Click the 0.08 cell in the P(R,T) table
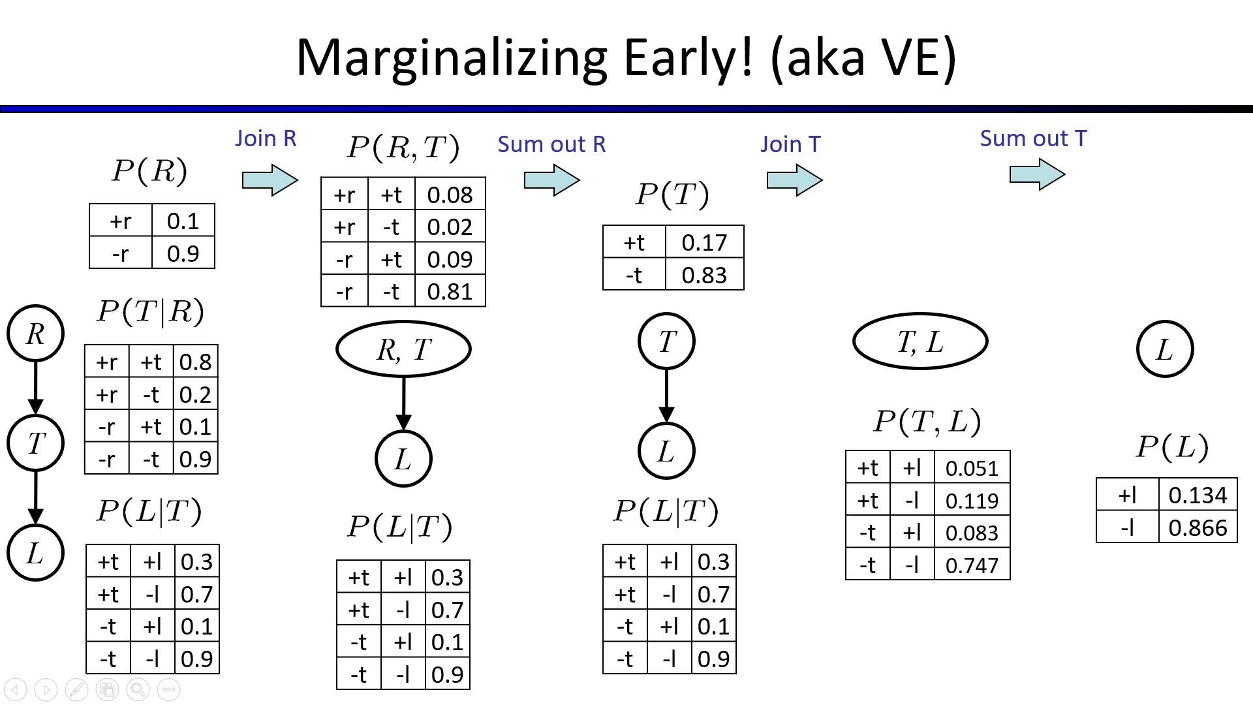click(450, 195)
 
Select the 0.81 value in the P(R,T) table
click(450, 291)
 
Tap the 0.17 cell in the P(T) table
click(704, 242)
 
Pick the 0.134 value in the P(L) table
click(1198, 495)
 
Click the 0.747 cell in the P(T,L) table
click(972, 565)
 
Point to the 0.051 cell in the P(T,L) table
click(972, 467)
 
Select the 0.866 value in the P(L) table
click(1198, 527)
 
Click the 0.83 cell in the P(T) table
click(704, 274)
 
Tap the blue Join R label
click(266, 138)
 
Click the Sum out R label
click(551, 144)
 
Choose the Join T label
click(790, 144)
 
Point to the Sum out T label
click(1033, 138)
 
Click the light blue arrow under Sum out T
click(1038, 174)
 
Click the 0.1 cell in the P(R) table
click(183, 221)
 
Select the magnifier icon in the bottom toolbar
click(138, 689)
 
